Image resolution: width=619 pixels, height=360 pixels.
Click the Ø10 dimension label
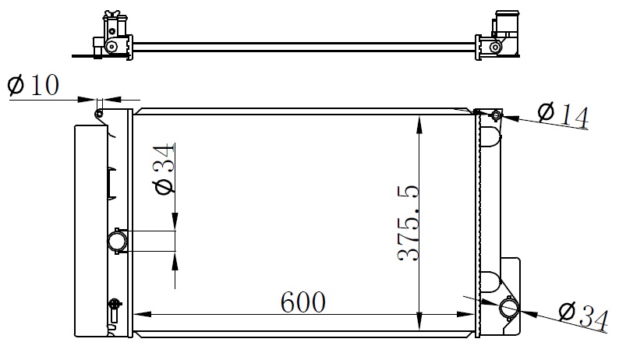tap(34, 85)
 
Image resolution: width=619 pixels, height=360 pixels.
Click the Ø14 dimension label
tap(564, 115)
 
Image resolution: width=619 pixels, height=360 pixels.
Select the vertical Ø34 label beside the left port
tap(165, 169)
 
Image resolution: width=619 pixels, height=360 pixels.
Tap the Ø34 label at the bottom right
tap(583, 316)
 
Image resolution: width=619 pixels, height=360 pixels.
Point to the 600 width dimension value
tap(303, 302)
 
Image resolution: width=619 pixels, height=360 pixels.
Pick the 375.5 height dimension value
tap(408, 223)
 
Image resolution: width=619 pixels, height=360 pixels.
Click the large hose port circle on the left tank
tap(118, 241)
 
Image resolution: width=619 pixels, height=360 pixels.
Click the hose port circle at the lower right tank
tap(509, 309)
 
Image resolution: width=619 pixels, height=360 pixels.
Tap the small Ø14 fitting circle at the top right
tap(496, 115)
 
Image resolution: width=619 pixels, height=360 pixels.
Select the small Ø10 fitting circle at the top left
tap(99, 114)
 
